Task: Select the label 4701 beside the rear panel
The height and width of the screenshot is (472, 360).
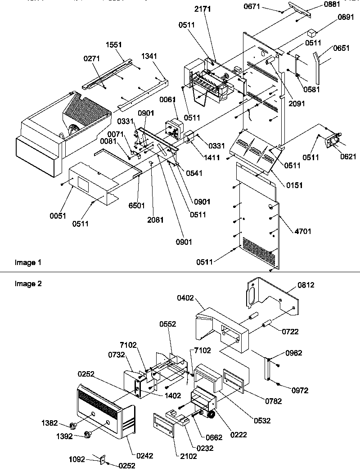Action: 302,231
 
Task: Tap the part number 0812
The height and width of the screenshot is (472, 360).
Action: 306,285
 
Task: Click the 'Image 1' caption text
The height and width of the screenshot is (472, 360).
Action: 25,262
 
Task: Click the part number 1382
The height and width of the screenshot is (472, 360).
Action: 49,423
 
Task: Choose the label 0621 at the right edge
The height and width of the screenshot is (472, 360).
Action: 348,157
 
